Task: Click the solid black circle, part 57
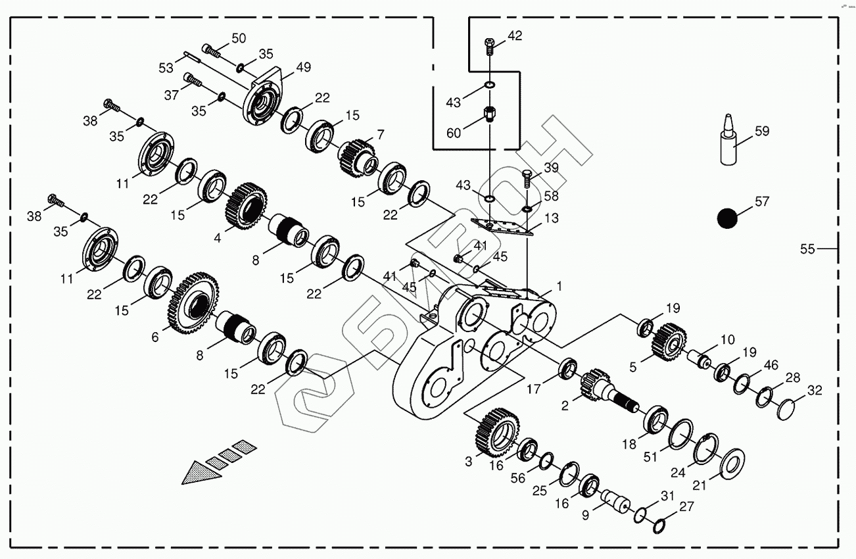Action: pos(726,218)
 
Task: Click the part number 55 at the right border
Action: pos(807,249)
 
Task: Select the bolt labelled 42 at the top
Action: pos(489,45)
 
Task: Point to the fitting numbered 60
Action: pos(490,116)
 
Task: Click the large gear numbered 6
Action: pos(193,304)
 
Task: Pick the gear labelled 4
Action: pos(246,206)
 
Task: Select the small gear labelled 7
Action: pos(357,157)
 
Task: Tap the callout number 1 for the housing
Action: pos(559,286)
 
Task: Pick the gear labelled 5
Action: pos(669,342)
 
